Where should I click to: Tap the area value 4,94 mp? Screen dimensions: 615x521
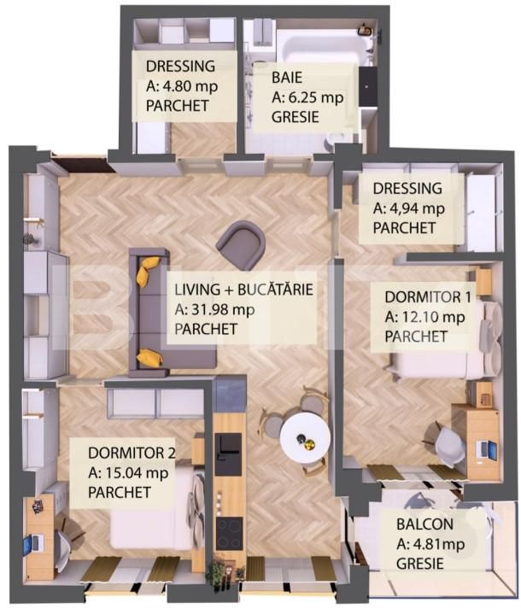coord(418,208)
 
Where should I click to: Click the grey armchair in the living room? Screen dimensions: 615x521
coord(241,245)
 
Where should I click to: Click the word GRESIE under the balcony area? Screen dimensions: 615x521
coord(419,563)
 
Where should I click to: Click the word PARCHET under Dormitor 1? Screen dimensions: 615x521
coord(416,337)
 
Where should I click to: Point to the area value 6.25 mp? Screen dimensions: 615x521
coord(316,97)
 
